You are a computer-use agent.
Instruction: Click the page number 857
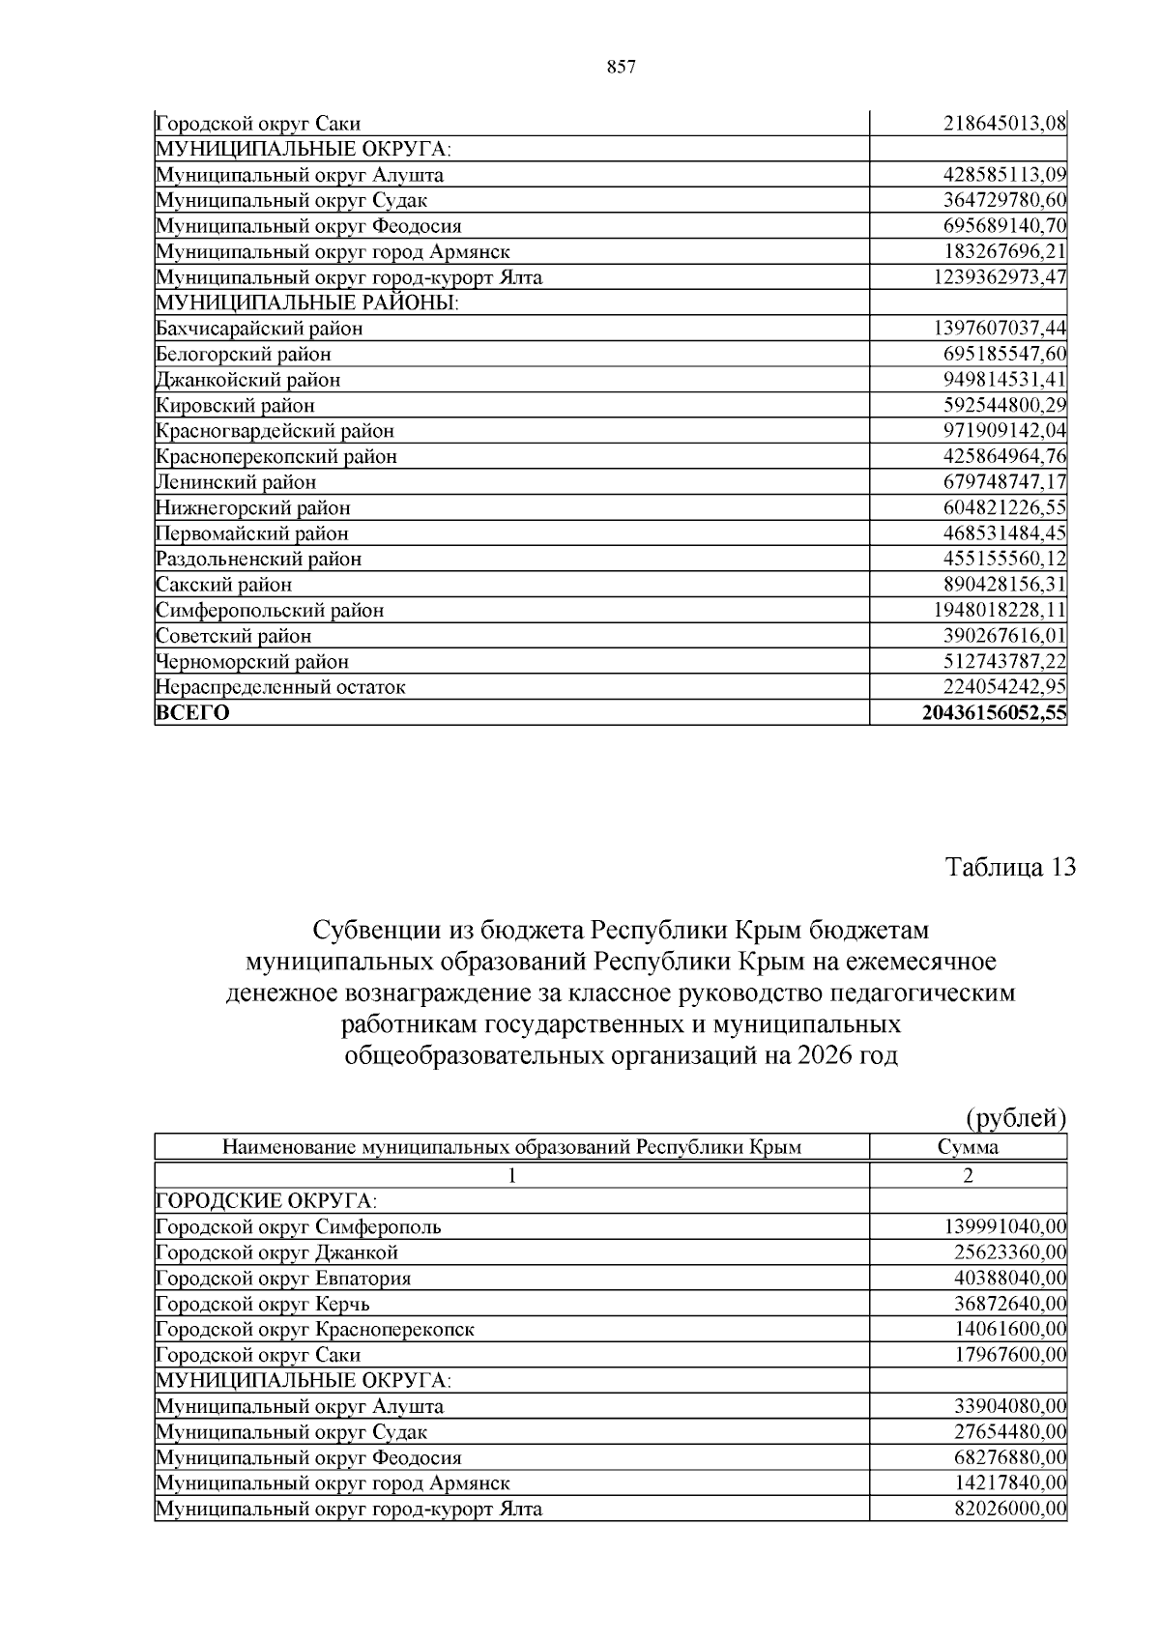click(621, 67)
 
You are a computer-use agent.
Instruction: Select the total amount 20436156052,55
click(994, 713)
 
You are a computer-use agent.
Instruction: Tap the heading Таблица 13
click(1009, 866)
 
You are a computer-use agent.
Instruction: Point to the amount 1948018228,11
click(1000, 610)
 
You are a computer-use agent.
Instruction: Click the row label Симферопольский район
click(270, 610)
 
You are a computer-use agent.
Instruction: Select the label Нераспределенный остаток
click(280, 687)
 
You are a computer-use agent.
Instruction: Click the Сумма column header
click(968, 1147)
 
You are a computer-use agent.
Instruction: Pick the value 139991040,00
click(1004, 1226)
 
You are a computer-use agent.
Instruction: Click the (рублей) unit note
click(1016, 1118)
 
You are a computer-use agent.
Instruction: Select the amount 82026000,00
click(1009, 1509)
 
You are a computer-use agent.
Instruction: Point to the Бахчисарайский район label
click(259, 328)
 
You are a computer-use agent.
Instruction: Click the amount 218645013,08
click(1004, 123)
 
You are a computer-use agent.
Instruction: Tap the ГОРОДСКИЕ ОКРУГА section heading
click(266, 1200)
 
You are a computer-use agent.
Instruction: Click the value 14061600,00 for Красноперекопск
click(1009, 1329)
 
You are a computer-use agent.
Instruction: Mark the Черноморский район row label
click(251, 661)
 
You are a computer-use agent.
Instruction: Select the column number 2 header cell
click(968, 1175)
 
